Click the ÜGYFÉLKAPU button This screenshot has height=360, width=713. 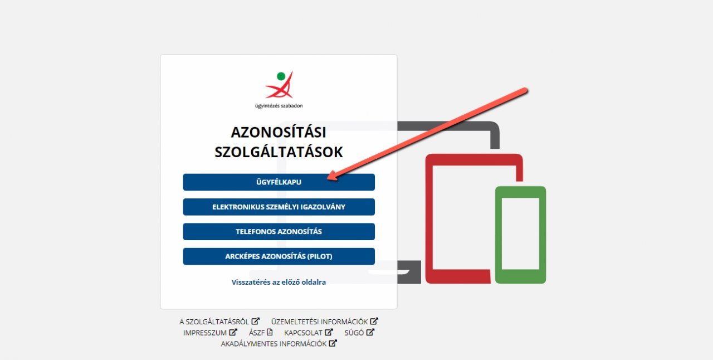pos(279,182)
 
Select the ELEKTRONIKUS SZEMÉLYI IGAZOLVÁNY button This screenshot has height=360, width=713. pos(279,207)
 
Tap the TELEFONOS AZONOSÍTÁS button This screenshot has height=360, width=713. pos(279,232)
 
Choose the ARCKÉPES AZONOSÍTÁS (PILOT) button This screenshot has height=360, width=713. pos(279,256)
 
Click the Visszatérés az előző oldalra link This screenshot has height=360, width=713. pos(279,283)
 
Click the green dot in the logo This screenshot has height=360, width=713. pos(281,76)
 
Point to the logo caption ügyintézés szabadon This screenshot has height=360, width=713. pos(279,106)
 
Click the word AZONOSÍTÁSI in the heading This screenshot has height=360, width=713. pos(279,132)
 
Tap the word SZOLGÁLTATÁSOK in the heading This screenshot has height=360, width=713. pos(279,152)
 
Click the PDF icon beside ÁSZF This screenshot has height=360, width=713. pos(270,332)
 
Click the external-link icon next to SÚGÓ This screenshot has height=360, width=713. pos(370,332)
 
